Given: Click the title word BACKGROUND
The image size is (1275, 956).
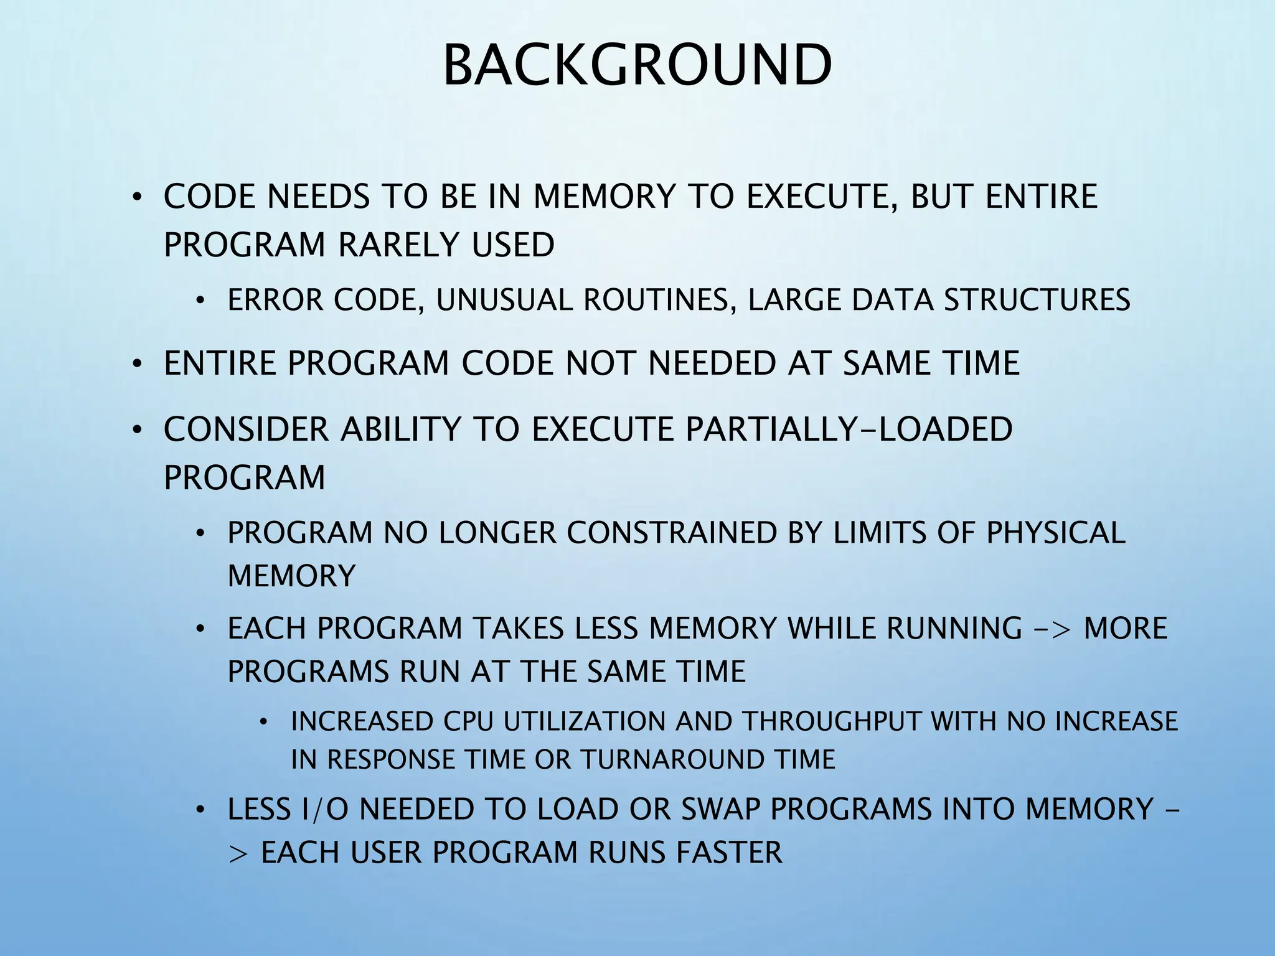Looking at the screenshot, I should pos(637,65).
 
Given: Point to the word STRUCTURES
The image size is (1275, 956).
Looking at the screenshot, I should pos(1037,300).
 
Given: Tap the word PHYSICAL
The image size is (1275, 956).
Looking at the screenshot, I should pos(1056,533).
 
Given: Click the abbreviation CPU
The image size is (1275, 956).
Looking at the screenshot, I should pos(468,722).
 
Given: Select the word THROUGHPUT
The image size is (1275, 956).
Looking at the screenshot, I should pos(832,722).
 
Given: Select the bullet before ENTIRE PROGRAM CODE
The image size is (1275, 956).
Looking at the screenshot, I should pos(137,365).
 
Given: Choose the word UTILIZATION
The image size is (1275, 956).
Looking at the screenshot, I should pos(585,722).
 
